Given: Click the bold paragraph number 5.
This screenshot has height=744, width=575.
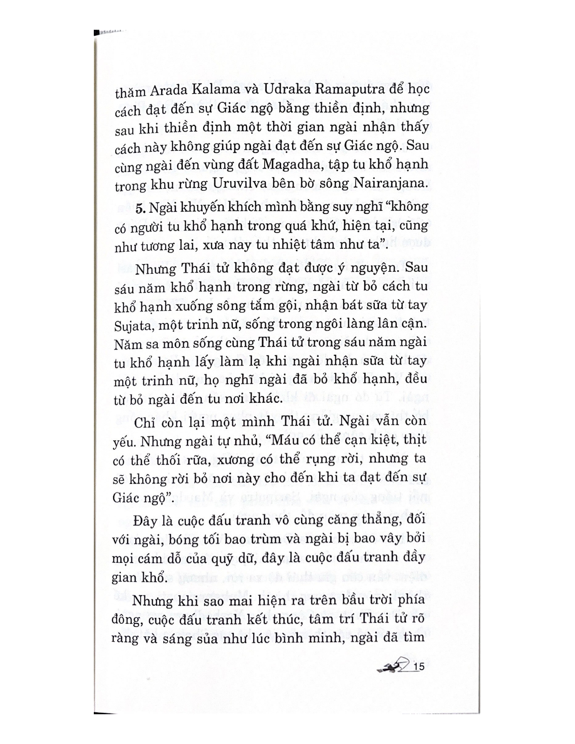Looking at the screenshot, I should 139,207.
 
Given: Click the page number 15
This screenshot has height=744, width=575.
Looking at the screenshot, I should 419,667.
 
